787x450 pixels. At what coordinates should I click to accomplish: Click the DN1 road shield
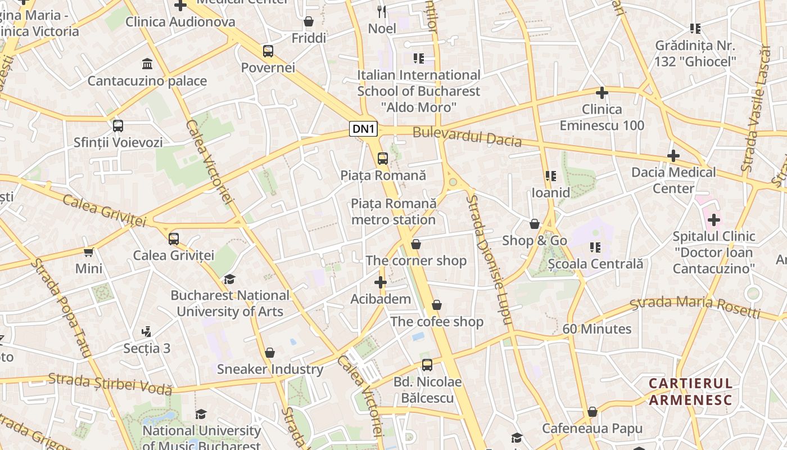[363, 129]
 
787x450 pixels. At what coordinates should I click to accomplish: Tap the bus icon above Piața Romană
[383, 159]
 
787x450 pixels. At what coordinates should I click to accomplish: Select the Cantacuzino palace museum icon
[147, 64]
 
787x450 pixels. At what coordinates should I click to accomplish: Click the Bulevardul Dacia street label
[467, 137]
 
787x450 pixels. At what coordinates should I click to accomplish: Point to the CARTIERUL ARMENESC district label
[691, 391]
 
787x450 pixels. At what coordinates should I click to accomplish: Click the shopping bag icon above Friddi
[309, 22]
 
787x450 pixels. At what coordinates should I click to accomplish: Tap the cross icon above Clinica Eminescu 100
[602, 92]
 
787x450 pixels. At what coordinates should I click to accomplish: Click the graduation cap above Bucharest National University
[229, 279]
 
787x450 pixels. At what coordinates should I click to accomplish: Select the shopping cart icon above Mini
[89, 252]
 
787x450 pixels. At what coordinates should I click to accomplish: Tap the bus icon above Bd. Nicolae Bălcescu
[427, 365]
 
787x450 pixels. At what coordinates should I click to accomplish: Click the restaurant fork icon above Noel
[382, 11]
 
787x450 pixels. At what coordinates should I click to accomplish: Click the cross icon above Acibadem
[381, 282]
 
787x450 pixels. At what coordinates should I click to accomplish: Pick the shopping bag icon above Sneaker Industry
[270, 353]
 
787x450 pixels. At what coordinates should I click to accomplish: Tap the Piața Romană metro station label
[393, 211]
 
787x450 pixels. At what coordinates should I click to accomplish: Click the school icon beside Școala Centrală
[595, 247]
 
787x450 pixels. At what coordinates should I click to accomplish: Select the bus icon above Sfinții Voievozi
[118, 126]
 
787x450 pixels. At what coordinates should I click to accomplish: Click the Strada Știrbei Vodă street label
[110, 384]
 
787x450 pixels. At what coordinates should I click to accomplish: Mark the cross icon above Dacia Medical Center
[673, 156]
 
